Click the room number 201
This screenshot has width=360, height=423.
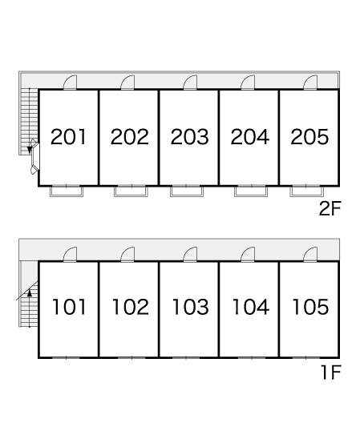pyautogui.click(x=68, y=136)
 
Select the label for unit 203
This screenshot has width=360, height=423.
pyautogui.click(x=189, y=136)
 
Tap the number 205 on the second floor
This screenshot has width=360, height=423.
pyautogui.click(x=309, y=136)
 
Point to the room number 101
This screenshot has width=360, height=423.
pyautogui.click(x=69, y=307)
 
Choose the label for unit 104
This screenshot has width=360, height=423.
pyautogui.click(x=250, y=307)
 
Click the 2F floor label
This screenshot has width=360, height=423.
pyautogui.click(x=330, y=208)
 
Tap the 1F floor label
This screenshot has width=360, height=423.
pyautogui.click(x=331, y=373)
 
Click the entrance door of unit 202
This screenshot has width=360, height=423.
pyautogui.click(x=127, y=83)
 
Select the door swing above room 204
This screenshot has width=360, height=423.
pyautogui.click(x=248, y=83)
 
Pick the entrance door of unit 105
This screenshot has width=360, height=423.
pyautogui.click(x=310, y=255)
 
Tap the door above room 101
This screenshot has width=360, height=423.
pyautogui.click(x=70, y=255)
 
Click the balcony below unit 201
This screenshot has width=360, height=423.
pyautogui.click(x=67, y=191)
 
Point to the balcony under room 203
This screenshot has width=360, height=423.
pyautogui.click(x=187, y=191)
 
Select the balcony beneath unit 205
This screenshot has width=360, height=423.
pyautogui.click(x=307, y=191)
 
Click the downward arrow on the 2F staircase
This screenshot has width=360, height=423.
pyautogui.click(x=30, y=150)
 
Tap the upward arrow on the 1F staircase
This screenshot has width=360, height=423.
pyautogui.click(x=30, y=292)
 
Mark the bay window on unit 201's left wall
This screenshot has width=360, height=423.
pyautogui.click(x=34, y=157)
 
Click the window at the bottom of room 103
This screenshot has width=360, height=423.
pyautogui.click(x=186, y=358)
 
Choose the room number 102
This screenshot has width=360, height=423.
pyautogui.click(x=130, y=307)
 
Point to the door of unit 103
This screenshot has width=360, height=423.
pyautogui.click(x=190, y=255)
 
